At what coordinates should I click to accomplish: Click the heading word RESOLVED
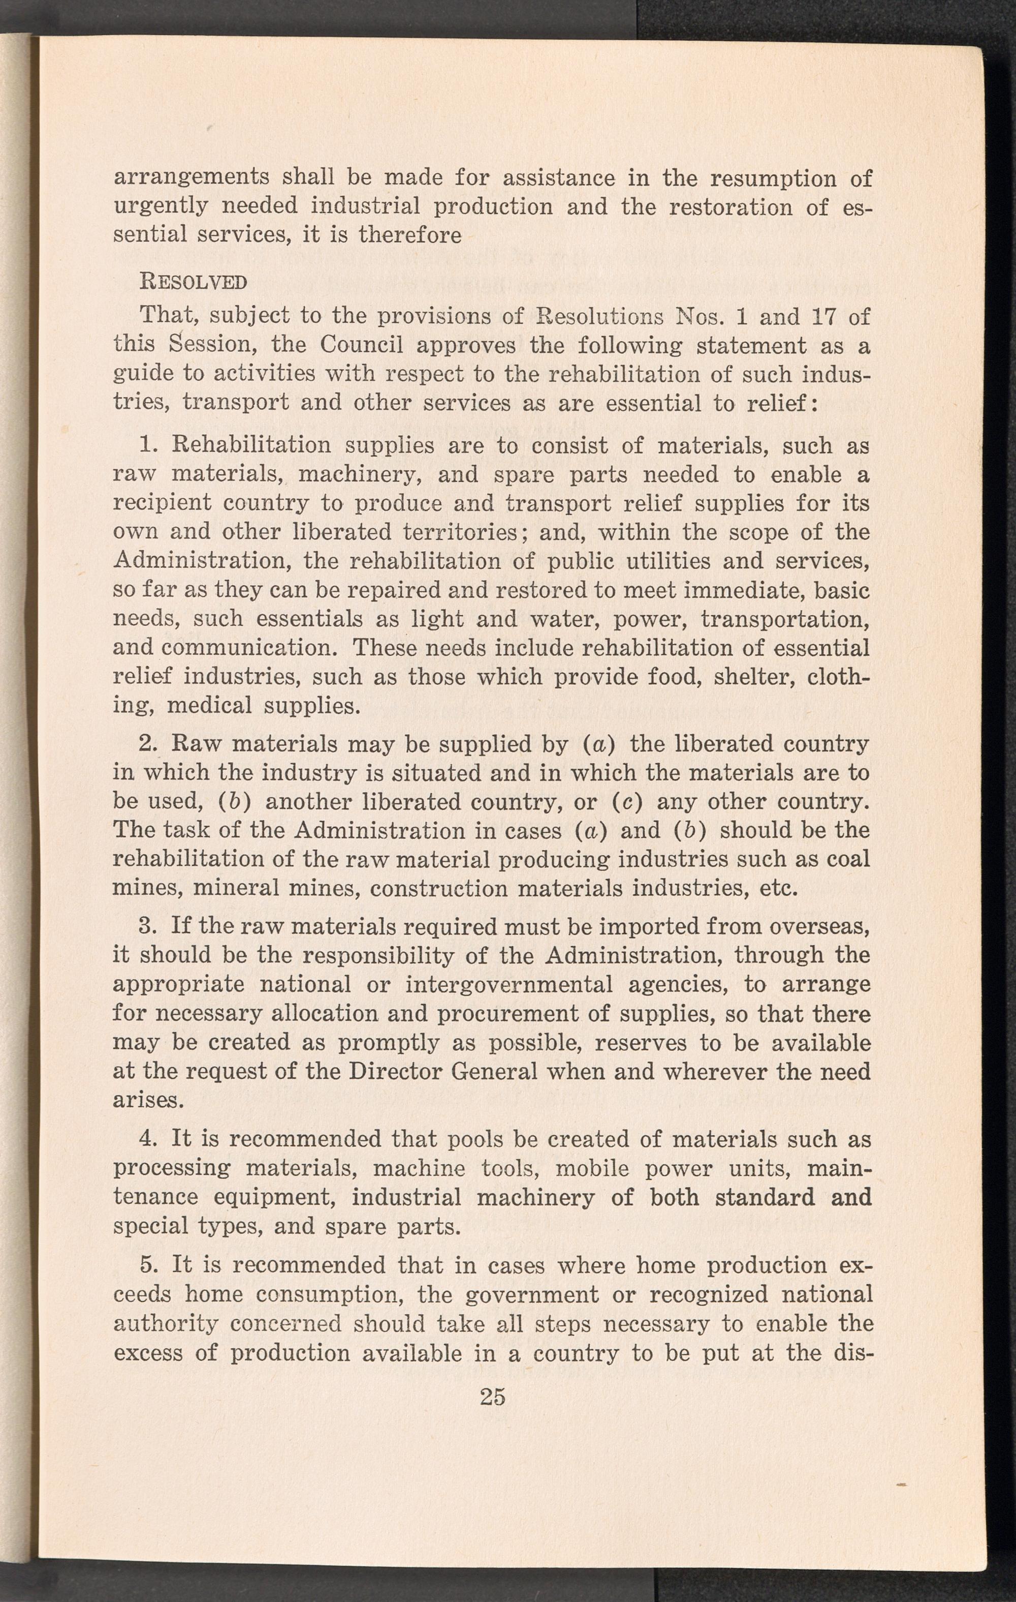click(x=193, y=282)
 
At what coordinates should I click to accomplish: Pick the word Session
click(x=204, y=345)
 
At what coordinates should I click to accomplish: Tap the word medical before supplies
click(x=209, y=705)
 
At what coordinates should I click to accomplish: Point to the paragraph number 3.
click(x=146, y=927)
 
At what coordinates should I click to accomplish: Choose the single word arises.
click(x=148, y=1100)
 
